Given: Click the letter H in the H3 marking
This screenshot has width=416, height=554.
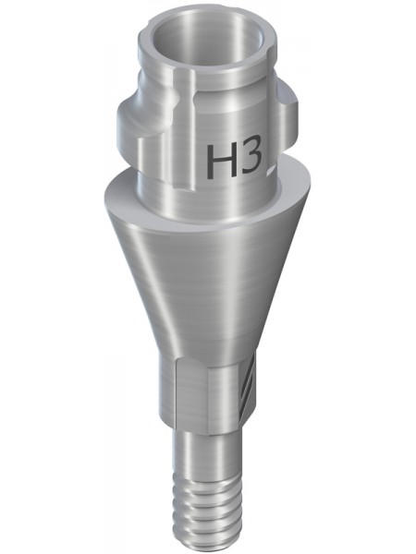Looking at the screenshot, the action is [220, 161].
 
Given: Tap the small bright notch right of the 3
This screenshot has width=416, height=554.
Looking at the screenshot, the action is [272, 169].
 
